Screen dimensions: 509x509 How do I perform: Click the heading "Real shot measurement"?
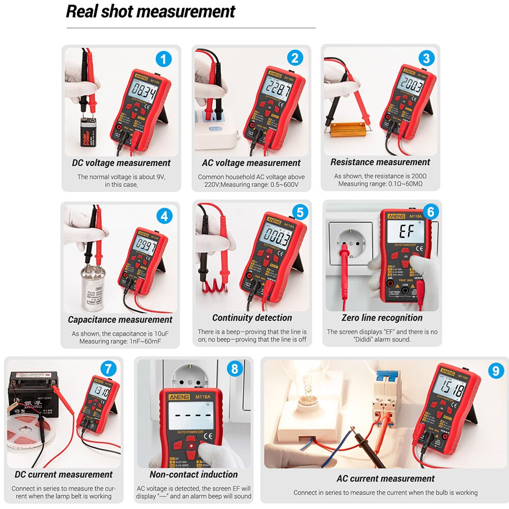(x=151, y=11)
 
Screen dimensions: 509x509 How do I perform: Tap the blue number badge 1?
(x=163, y=60)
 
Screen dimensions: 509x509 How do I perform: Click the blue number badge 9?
(x=495, y=371)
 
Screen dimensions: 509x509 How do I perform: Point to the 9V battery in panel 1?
(x=87, y=133)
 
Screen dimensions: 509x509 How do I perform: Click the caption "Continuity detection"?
(x=252, y=318)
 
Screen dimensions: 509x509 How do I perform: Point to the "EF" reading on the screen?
(x=405, y=232)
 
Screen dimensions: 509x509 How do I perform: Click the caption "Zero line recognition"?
(x=382, y=318)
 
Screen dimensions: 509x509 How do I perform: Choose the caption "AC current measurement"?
(x=385, y=478)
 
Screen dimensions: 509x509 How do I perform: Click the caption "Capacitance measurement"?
(x=120, y=320)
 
